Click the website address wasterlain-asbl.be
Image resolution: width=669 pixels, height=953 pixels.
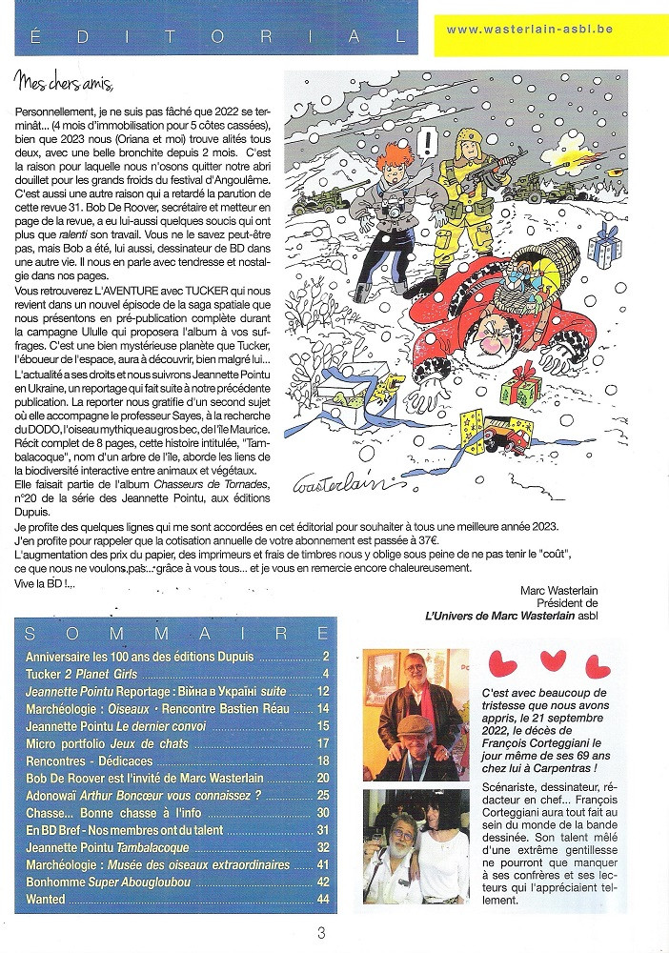(529, 30)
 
